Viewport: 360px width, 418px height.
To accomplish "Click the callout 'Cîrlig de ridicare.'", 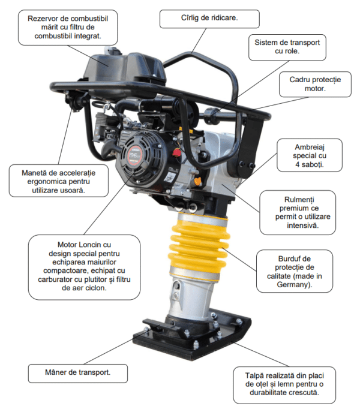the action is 209,19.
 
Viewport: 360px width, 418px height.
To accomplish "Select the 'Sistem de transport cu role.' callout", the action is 287,47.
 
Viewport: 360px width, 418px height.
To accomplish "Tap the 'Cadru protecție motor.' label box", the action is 315,84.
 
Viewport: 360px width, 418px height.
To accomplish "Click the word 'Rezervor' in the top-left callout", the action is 41,19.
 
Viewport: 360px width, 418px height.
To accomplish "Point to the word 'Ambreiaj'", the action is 310,147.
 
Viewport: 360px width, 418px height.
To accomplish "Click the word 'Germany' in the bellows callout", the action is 293,285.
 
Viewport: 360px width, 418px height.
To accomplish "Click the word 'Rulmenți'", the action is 299,200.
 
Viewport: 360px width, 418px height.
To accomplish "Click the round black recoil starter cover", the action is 137,156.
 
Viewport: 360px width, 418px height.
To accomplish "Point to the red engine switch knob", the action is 177,152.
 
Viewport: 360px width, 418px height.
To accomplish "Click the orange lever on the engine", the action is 197,181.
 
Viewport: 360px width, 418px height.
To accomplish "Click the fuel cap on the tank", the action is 113,50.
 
